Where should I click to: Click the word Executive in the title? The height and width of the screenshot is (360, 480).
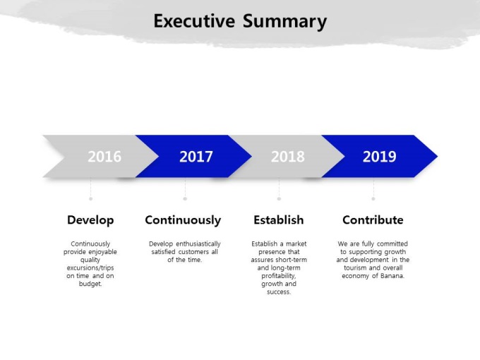pos(194,21)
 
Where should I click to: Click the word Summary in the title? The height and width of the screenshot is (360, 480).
pos(284,22)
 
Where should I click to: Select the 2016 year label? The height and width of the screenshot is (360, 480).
pos(104,157)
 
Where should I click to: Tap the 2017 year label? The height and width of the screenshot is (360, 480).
pos(196,157)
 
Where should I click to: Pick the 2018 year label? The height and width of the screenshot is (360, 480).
pos(288,157)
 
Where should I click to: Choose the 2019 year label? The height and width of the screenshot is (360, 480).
pos(379,157)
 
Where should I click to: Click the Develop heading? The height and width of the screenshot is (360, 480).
pos(90,220)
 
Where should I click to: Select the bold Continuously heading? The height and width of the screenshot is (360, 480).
pos(183,220)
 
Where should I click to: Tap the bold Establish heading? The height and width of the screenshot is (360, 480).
pos(279,220)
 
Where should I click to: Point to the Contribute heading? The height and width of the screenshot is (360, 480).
pos(373,220)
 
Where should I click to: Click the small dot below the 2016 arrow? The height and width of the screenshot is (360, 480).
pos(90,198)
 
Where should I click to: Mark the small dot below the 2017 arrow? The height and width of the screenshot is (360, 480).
pos(185,198)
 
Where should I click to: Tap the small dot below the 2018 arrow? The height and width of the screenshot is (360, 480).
pos(279,198)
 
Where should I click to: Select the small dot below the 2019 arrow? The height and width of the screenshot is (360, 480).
pos(373,198)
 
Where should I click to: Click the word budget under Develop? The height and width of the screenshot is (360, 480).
pos(90,284)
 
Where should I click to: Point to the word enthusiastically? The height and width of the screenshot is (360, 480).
pos(198,244)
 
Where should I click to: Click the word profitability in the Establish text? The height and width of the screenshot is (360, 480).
pos(278,276)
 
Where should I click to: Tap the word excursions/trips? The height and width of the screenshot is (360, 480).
pos(90,268)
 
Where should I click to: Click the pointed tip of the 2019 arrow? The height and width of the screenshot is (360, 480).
pos(438,157)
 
